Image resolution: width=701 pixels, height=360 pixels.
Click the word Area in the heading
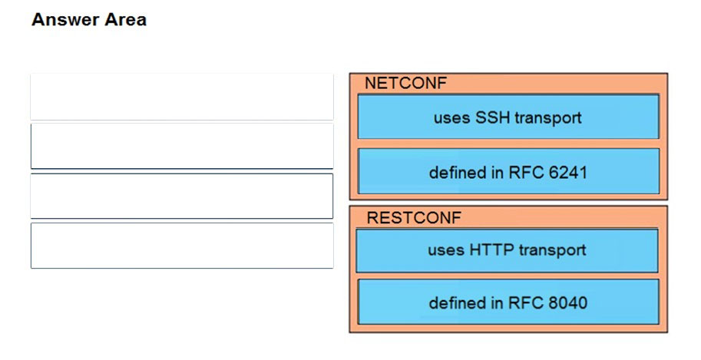click(x=125, y=20)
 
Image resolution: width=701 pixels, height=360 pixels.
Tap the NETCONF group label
click(x=405, y=83)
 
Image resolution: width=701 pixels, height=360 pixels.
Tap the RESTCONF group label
click(x=414, y=218)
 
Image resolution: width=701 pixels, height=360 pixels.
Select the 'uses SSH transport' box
click(x=508, y=116)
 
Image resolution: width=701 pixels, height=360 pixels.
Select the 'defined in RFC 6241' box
click(x=508, y=171)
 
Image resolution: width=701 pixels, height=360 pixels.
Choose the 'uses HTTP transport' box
click(x=507, y=250)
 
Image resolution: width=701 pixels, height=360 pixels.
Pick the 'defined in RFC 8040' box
click(x=508, y=302)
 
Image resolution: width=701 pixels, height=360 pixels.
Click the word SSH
click(x=493, y=117)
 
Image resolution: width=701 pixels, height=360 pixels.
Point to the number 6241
click(x=567, y=172)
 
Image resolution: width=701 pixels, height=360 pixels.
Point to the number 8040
click(x=567, y=302)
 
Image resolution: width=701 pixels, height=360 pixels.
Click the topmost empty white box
click(x=182, y=97)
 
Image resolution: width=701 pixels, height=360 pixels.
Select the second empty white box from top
click(x=182, y=147)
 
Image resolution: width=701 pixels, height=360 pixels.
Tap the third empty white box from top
click(x=182, y=196)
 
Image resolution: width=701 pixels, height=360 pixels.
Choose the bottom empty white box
click(x=182, y=246)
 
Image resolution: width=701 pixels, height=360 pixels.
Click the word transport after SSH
click(x=548, y=118)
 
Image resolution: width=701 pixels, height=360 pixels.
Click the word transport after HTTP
click(x=552, y=250)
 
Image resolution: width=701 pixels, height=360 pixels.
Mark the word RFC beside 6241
click(x=526, y=172)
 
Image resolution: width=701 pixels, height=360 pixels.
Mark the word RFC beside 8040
click(x=526, y=302)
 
